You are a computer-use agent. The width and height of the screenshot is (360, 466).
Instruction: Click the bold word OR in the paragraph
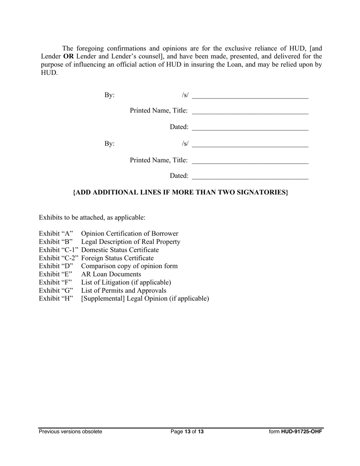tap(69, 56)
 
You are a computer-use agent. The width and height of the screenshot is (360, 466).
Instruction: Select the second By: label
tap(110, 144)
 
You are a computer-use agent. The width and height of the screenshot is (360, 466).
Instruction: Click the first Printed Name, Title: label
tap(158, 111)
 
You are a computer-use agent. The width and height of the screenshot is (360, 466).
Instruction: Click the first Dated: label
tap(179, 127)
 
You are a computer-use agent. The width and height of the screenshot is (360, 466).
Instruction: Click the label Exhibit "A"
tap(56, 234)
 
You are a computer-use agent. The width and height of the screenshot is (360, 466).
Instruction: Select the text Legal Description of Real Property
tap(131, 242)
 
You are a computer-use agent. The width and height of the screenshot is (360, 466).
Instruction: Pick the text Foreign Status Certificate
tap(117, 258)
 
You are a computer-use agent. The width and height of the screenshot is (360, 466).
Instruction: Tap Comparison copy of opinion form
tap(129, 266)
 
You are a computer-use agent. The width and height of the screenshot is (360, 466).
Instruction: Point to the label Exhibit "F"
tap(55, 283)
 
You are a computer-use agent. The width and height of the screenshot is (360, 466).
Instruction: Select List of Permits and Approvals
tap(124, 291)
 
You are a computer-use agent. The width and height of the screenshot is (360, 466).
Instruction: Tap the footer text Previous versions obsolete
tap(70, 432)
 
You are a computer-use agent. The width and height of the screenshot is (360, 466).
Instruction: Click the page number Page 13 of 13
tap(187, 432)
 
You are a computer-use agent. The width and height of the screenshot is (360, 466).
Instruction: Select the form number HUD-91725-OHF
tap(302, 432)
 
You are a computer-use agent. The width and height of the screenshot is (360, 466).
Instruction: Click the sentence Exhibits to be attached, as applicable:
tap(92, 218)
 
